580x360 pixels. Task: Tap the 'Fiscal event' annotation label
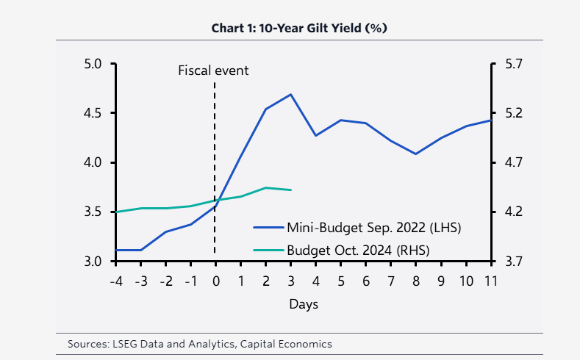214,71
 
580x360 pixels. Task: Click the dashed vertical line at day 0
215,147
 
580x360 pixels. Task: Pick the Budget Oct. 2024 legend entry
341,250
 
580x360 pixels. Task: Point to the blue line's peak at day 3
291,94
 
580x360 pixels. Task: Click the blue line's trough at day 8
416,154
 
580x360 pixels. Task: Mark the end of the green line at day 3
291,190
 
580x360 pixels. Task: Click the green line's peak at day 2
266,188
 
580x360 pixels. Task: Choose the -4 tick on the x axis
115,281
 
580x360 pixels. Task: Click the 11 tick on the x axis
490,281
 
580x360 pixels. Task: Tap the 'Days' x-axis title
303,303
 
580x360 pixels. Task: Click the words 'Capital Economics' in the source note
290,344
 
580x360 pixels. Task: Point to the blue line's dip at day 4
316,135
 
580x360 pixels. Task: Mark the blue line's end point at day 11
490,120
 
